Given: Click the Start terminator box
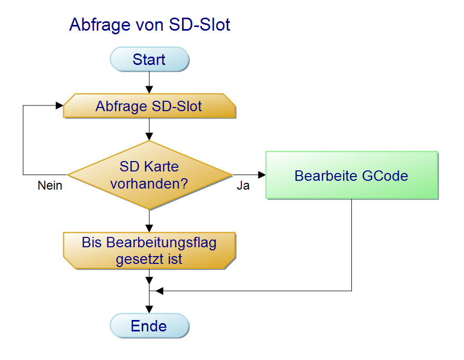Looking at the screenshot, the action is [149, 59].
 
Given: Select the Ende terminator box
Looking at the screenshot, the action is [149, 326].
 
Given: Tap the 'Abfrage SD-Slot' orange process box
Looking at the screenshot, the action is [149, 106].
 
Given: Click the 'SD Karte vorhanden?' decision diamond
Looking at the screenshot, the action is [149, 175].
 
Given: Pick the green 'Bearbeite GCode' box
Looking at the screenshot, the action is [352, 175].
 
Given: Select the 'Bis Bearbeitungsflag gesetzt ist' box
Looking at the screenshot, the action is [149, 251].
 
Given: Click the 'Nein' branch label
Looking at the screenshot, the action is [50, 185].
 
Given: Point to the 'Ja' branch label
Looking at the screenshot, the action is [243, 185].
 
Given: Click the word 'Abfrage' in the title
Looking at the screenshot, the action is [100, 24].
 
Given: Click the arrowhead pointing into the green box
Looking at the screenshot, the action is [262, 175].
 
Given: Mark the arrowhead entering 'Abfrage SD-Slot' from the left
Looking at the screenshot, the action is [60, 105].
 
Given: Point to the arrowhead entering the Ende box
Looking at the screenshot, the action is [149, 309].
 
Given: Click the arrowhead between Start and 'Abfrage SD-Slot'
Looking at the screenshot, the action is [149, 90].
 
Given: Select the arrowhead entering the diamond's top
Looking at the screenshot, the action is [149, 137].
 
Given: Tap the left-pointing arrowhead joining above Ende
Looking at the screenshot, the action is [159, 291].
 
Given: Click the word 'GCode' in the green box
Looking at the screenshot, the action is [385, 176].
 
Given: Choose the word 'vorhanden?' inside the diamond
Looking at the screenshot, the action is [149, 184].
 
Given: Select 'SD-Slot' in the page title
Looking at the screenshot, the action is [199, 24].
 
